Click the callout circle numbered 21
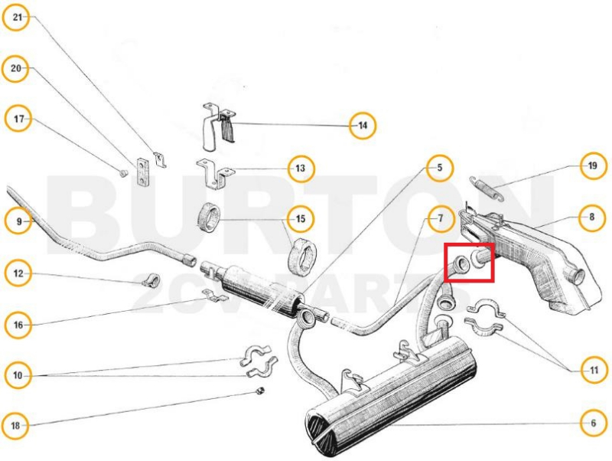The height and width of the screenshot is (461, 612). click(16, 17)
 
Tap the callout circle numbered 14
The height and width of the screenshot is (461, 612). click(363, 126)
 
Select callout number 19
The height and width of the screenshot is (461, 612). click(592, 165)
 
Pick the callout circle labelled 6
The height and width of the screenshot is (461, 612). click(594, 423)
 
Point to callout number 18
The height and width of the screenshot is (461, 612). click(15, 425)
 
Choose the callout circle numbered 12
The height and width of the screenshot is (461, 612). click(18, 273)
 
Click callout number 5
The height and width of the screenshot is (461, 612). click(440, 168)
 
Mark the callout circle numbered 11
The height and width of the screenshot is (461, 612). click(594, 370)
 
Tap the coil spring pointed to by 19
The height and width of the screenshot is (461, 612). click(487, 188)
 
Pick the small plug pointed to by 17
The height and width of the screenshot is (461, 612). click(123, 173)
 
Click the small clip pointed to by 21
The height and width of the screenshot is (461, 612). click(160, 160)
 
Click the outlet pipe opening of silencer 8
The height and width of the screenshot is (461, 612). click(577, 276)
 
